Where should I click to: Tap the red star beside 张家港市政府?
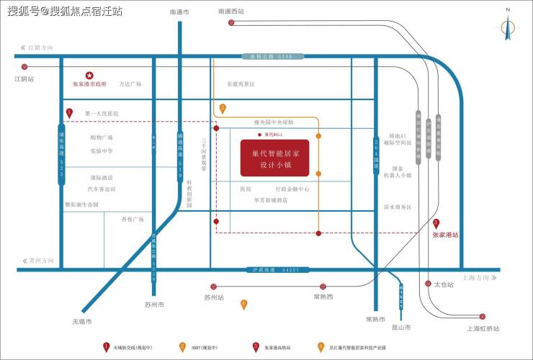click(89, 75)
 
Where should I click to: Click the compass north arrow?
click(508, 27)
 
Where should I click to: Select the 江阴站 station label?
click(24, 79)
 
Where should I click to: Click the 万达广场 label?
click(130, 84)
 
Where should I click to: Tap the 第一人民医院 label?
click(102, 114)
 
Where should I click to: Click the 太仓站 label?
click(444, 284)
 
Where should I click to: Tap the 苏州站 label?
click(214, 297)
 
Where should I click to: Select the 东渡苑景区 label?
click(241, 84)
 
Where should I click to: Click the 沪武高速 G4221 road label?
click(270, 270)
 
